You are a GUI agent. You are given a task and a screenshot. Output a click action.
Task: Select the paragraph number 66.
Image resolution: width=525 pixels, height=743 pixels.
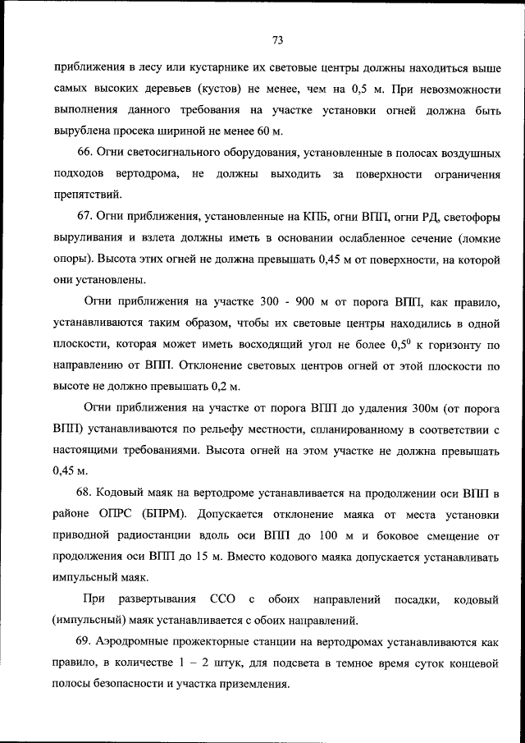[x=84, y=153]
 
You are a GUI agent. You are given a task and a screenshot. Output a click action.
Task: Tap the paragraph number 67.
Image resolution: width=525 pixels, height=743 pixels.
[x=84, y=218]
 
